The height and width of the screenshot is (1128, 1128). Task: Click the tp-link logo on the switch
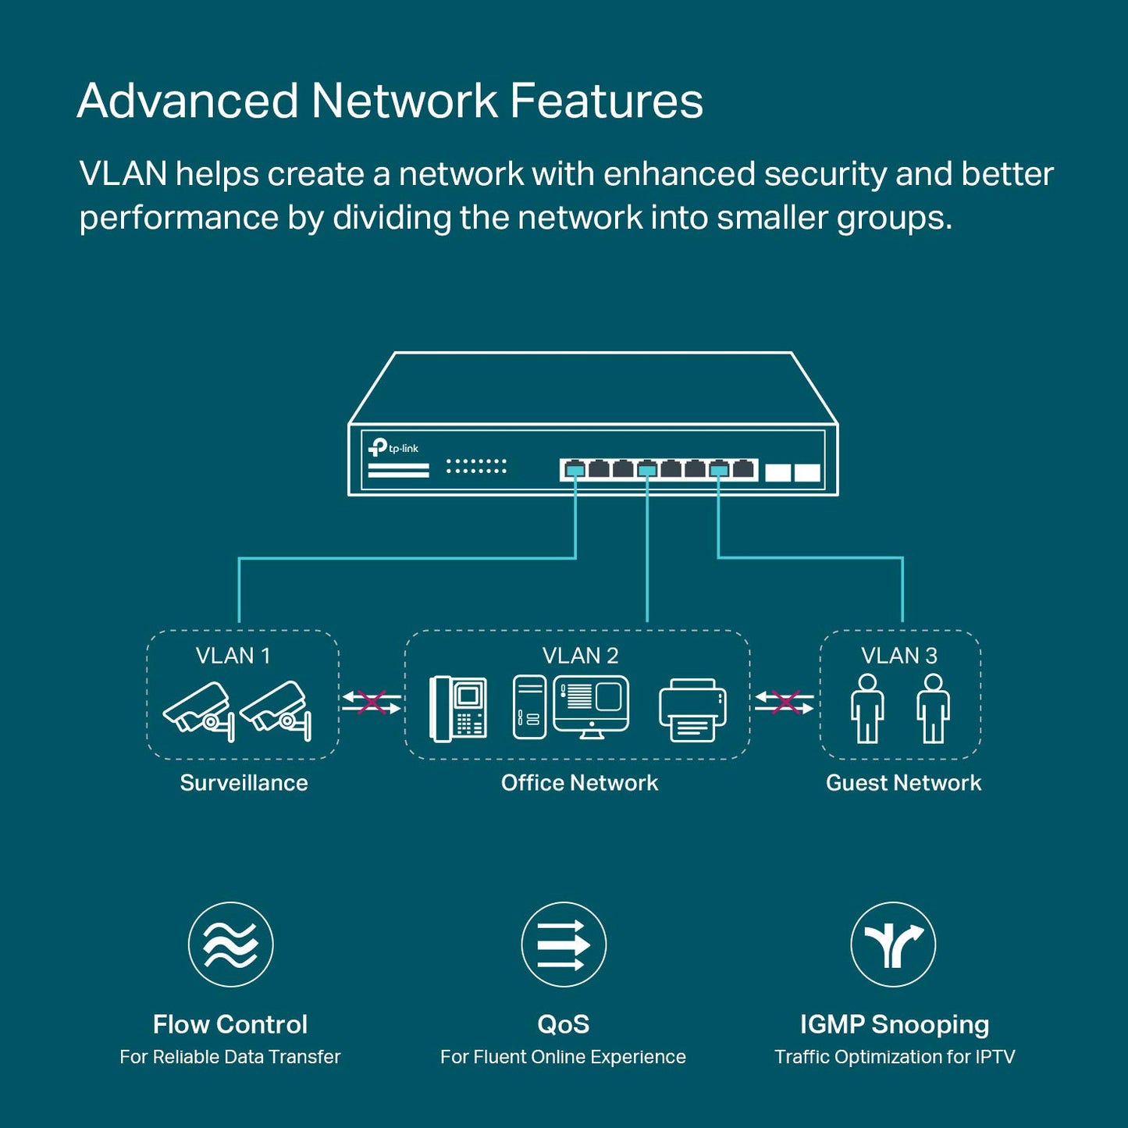pyautogui.click(x=393, y=448)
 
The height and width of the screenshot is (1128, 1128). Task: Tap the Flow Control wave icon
pyautogui.click(x=231, y=945)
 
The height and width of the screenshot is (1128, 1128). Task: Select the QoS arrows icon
pyautogui.click(x=564, y=945)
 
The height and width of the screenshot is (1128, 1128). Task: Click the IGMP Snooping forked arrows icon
pyautogui.click(x=893, y=945)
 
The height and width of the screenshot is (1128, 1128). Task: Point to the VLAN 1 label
pyautogui.click(x=233, y=656)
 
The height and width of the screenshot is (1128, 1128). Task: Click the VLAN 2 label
pyautogui.click(x=580, y=656)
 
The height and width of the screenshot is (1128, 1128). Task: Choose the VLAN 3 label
pyautogui.click(x=898, y=656)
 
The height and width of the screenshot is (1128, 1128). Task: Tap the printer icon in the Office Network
pyautogui.click(x=693, y=710)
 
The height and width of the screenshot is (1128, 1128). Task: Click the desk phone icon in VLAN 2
pyautogui.click(x=458, y=709)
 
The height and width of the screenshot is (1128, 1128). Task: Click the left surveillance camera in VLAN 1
pyautogui.click(x=198, y=710)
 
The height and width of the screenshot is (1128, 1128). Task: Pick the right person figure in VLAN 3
pyautogui.click(x=933, y=709)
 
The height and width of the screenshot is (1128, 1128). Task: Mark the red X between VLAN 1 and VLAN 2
pyautogui.click(x=372, y=702)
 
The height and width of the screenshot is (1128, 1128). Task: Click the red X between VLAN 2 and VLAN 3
pyautogui.click(x=785, y=703)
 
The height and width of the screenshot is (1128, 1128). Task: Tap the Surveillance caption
pyautogui.click(x=244, y=783)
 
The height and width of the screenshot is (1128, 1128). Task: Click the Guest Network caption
pyautogui.click(x=903, y=783)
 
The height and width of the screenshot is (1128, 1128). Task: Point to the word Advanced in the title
pyautogui.click(x=187, y=101)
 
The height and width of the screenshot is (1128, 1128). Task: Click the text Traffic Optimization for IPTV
pyautogui.click(x=895, y=1057)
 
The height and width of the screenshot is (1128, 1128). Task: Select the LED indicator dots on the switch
pyautogui.click(x=476, y=466)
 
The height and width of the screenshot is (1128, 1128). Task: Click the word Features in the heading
pyautogui.click(x=607, y=101)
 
